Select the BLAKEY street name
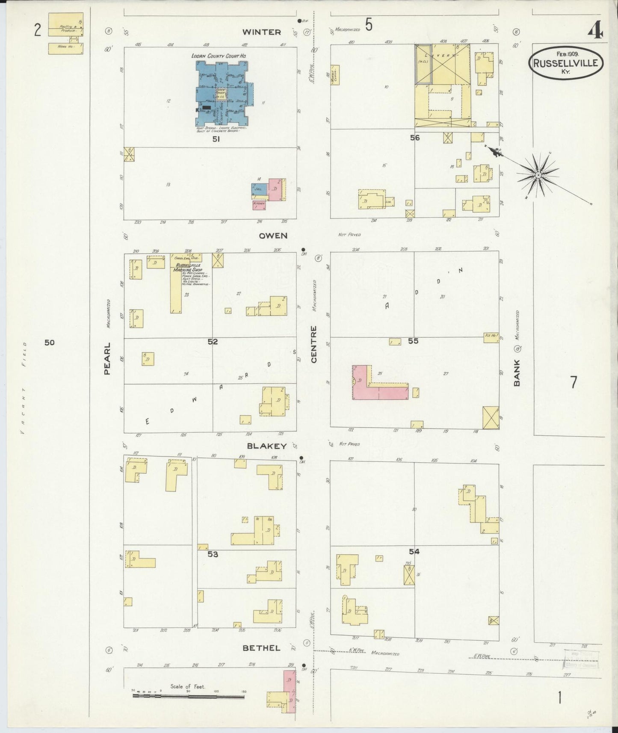point(266,446)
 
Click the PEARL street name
point(107,358)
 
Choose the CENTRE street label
point(314,344)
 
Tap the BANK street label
point(517,373)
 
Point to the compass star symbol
point(538,175)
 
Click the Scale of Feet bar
point(189,696)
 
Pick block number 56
point(414,138)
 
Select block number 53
point(213,554)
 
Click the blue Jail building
point(260,189)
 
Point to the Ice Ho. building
point(491,336)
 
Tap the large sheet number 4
point(595,31)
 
